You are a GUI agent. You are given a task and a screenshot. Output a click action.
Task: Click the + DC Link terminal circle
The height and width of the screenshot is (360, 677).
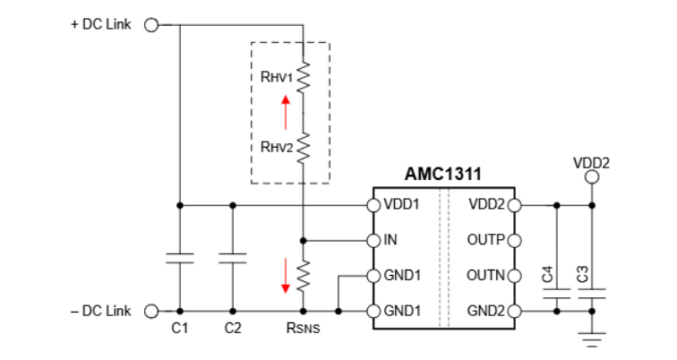(x=151, y=25)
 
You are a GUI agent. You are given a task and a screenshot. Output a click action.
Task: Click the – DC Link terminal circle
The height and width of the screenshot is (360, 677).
(x=151, y=311)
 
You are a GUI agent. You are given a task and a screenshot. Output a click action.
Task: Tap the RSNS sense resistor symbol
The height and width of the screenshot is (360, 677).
(x=304, y=275)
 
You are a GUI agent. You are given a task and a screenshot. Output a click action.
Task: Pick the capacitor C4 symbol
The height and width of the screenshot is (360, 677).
(x=557, y=293)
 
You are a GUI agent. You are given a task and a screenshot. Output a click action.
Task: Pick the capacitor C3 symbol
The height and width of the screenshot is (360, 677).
(x=592, y=293)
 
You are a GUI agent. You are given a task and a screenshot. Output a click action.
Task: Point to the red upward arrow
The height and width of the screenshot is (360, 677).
(x=286, y=113)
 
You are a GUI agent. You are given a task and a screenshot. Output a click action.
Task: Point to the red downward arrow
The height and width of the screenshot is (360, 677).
(x=286, y=275)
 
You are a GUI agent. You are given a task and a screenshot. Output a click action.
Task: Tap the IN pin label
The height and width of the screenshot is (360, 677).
(x=391, y=240)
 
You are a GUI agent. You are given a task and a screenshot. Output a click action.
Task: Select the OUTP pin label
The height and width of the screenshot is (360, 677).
(x=486, y=240)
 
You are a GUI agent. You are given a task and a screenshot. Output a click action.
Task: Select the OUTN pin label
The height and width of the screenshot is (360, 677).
(x=486, y=276)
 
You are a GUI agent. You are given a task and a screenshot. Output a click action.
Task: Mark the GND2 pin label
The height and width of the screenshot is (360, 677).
(x=487, y=311)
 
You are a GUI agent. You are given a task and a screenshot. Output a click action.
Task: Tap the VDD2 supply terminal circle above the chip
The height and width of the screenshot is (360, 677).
(x=592, y=176)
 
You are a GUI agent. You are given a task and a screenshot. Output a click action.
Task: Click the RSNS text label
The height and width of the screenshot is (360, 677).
(x=304, y=329)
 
